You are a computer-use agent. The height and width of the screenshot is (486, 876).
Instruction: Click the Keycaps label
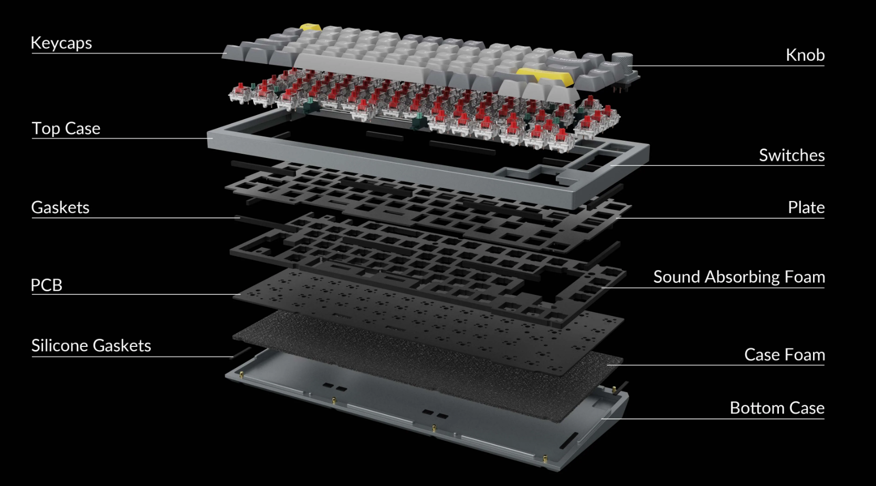[x=61, y=43]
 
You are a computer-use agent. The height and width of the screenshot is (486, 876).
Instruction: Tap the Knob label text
[x=805, y=55]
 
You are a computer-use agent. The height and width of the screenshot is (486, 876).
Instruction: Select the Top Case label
[x=66, y=128]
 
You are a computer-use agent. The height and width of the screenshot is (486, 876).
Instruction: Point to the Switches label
[x=792, y=155]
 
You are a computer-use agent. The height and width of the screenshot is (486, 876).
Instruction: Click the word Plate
[x=806, y=207]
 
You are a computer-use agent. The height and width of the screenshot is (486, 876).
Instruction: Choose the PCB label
[x=47, y=285]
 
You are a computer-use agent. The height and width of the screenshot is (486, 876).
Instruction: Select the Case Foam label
[x=785, y=355]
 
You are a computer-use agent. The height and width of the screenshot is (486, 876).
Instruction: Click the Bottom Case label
[x=777, y=408]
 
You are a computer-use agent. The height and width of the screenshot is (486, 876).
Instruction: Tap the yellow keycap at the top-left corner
[x=311, y=27]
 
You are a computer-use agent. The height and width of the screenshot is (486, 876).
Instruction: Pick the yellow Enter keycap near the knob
[x=545, y=76]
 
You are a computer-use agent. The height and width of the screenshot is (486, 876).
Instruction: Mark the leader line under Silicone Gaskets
[x=133, y=356]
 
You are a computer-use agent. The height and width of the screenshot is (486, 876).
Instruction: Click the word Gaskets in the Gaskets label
[x=60, y=207]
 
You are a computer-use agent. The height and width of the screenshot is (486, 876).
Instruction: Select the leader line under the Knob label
[x=728, y=66]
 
